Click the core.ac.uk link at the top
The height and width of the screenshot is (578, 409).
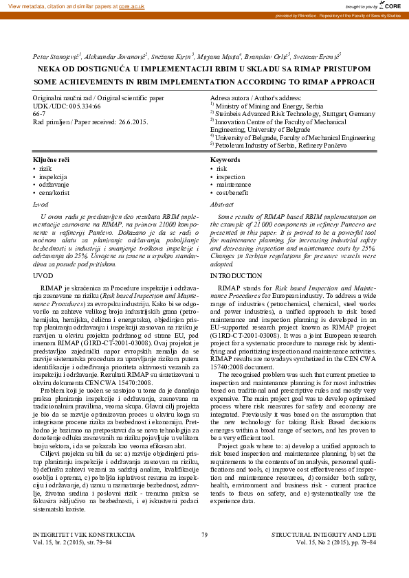tap(131, 6)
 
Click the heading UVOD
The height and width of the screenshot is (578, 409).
tap(43, 275)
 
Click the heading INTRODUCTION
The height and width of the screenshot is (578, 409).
tap(236, 275)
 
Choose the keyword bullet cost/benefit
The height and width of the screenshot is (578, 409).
tap(234, 193)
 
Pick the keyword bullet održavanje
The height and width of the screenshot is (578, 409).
tap(55, 185)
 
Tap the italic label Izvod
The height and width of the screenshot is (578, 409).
tap(41, 205)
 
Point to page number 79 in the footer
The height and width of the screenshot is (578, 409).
tap(204, 553)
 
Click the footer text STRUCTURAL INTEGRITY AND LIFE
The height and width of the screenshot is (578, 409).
tap(324, 553)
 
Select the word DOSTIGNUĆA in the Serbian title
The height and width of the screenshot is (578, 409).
tap(105, 69)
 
